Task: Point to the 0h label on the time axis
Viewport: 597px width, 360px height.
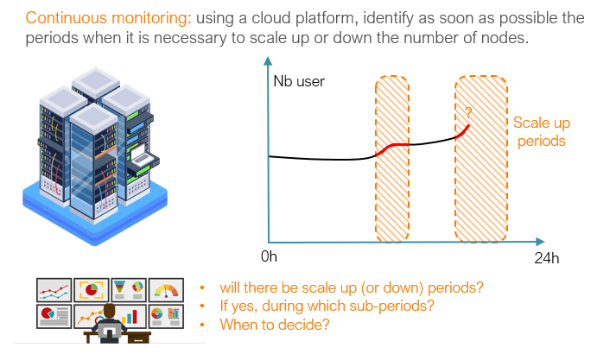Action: (x=268, y=257)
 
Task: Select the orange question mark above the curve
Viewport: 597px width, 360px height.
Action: (x=467, y=113)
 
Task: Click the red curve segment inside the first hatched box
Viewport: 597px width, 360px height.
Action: (x=391, y=148)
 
